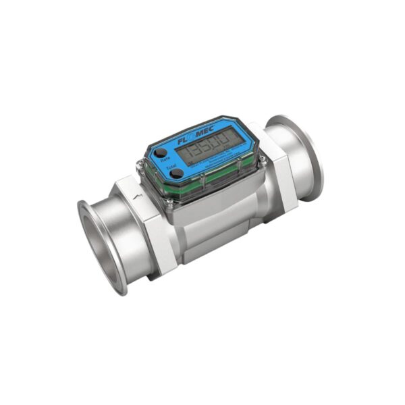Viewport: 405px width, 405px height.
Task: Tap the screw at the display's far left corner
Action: click(x=141, y=163)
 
